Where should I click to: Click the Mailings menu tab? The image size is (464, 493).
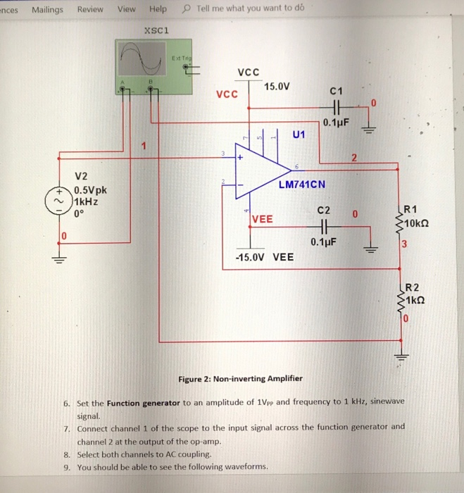[47, 9]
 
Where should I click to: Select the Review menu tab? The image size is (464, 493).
[90, 9]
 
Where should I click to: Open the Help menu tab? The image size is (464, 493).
[158, 9]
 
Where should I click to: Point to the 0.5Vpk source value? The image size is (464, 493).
[89, 190]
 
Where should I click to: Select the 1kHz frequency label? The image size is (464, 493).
[85, 201]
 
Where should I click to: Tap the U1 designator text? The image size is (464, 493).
[299, 135]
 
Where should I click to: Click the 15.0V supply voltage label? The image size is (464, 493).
[277, 87]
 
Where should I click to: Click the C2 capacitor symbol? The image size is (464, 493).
[324, 228]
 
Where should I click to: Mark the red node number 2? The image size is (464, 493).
[356, 157]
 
